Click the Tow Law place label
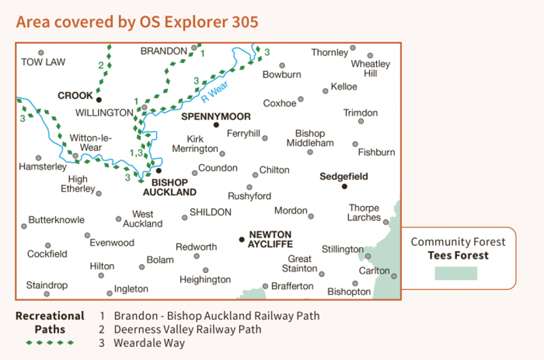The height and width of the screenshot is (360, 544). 43,62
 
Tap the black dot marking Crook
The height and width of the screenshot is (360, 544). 99,99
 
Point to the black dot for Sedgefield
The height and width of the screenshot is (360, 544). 344,186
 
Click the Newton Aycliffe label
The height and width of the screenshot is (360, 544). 271,239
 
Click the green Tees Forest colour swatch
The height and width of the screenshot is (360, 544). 456,273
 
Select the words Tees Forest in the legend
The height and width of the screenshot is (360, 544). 458,255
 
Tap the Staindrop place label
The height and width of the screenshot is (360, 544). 47,284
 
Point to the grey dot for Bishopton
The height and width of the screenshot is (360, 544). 355,284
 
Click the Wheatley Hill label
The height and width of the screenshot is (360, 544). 371,69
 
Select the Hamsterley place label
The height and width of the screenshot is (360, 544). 43,167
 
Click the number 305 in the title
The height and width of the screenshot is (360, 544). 243,22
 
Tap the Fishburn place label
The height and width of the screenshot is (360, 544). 376,152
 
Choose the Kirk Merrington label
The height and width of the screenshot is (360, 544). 195,144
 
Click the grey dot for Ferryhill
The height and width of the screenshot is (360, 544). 265,137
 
